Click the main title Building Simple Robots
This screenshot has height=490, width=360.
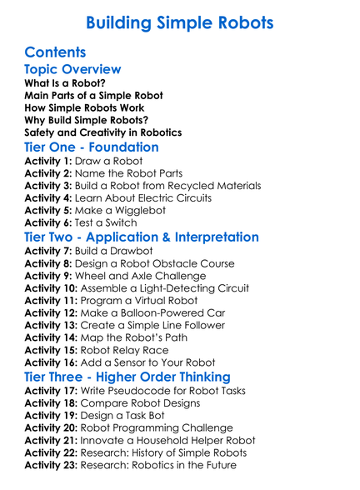click(179, 21)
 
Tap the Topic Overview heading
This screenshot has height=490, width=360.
click(73, 70)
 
